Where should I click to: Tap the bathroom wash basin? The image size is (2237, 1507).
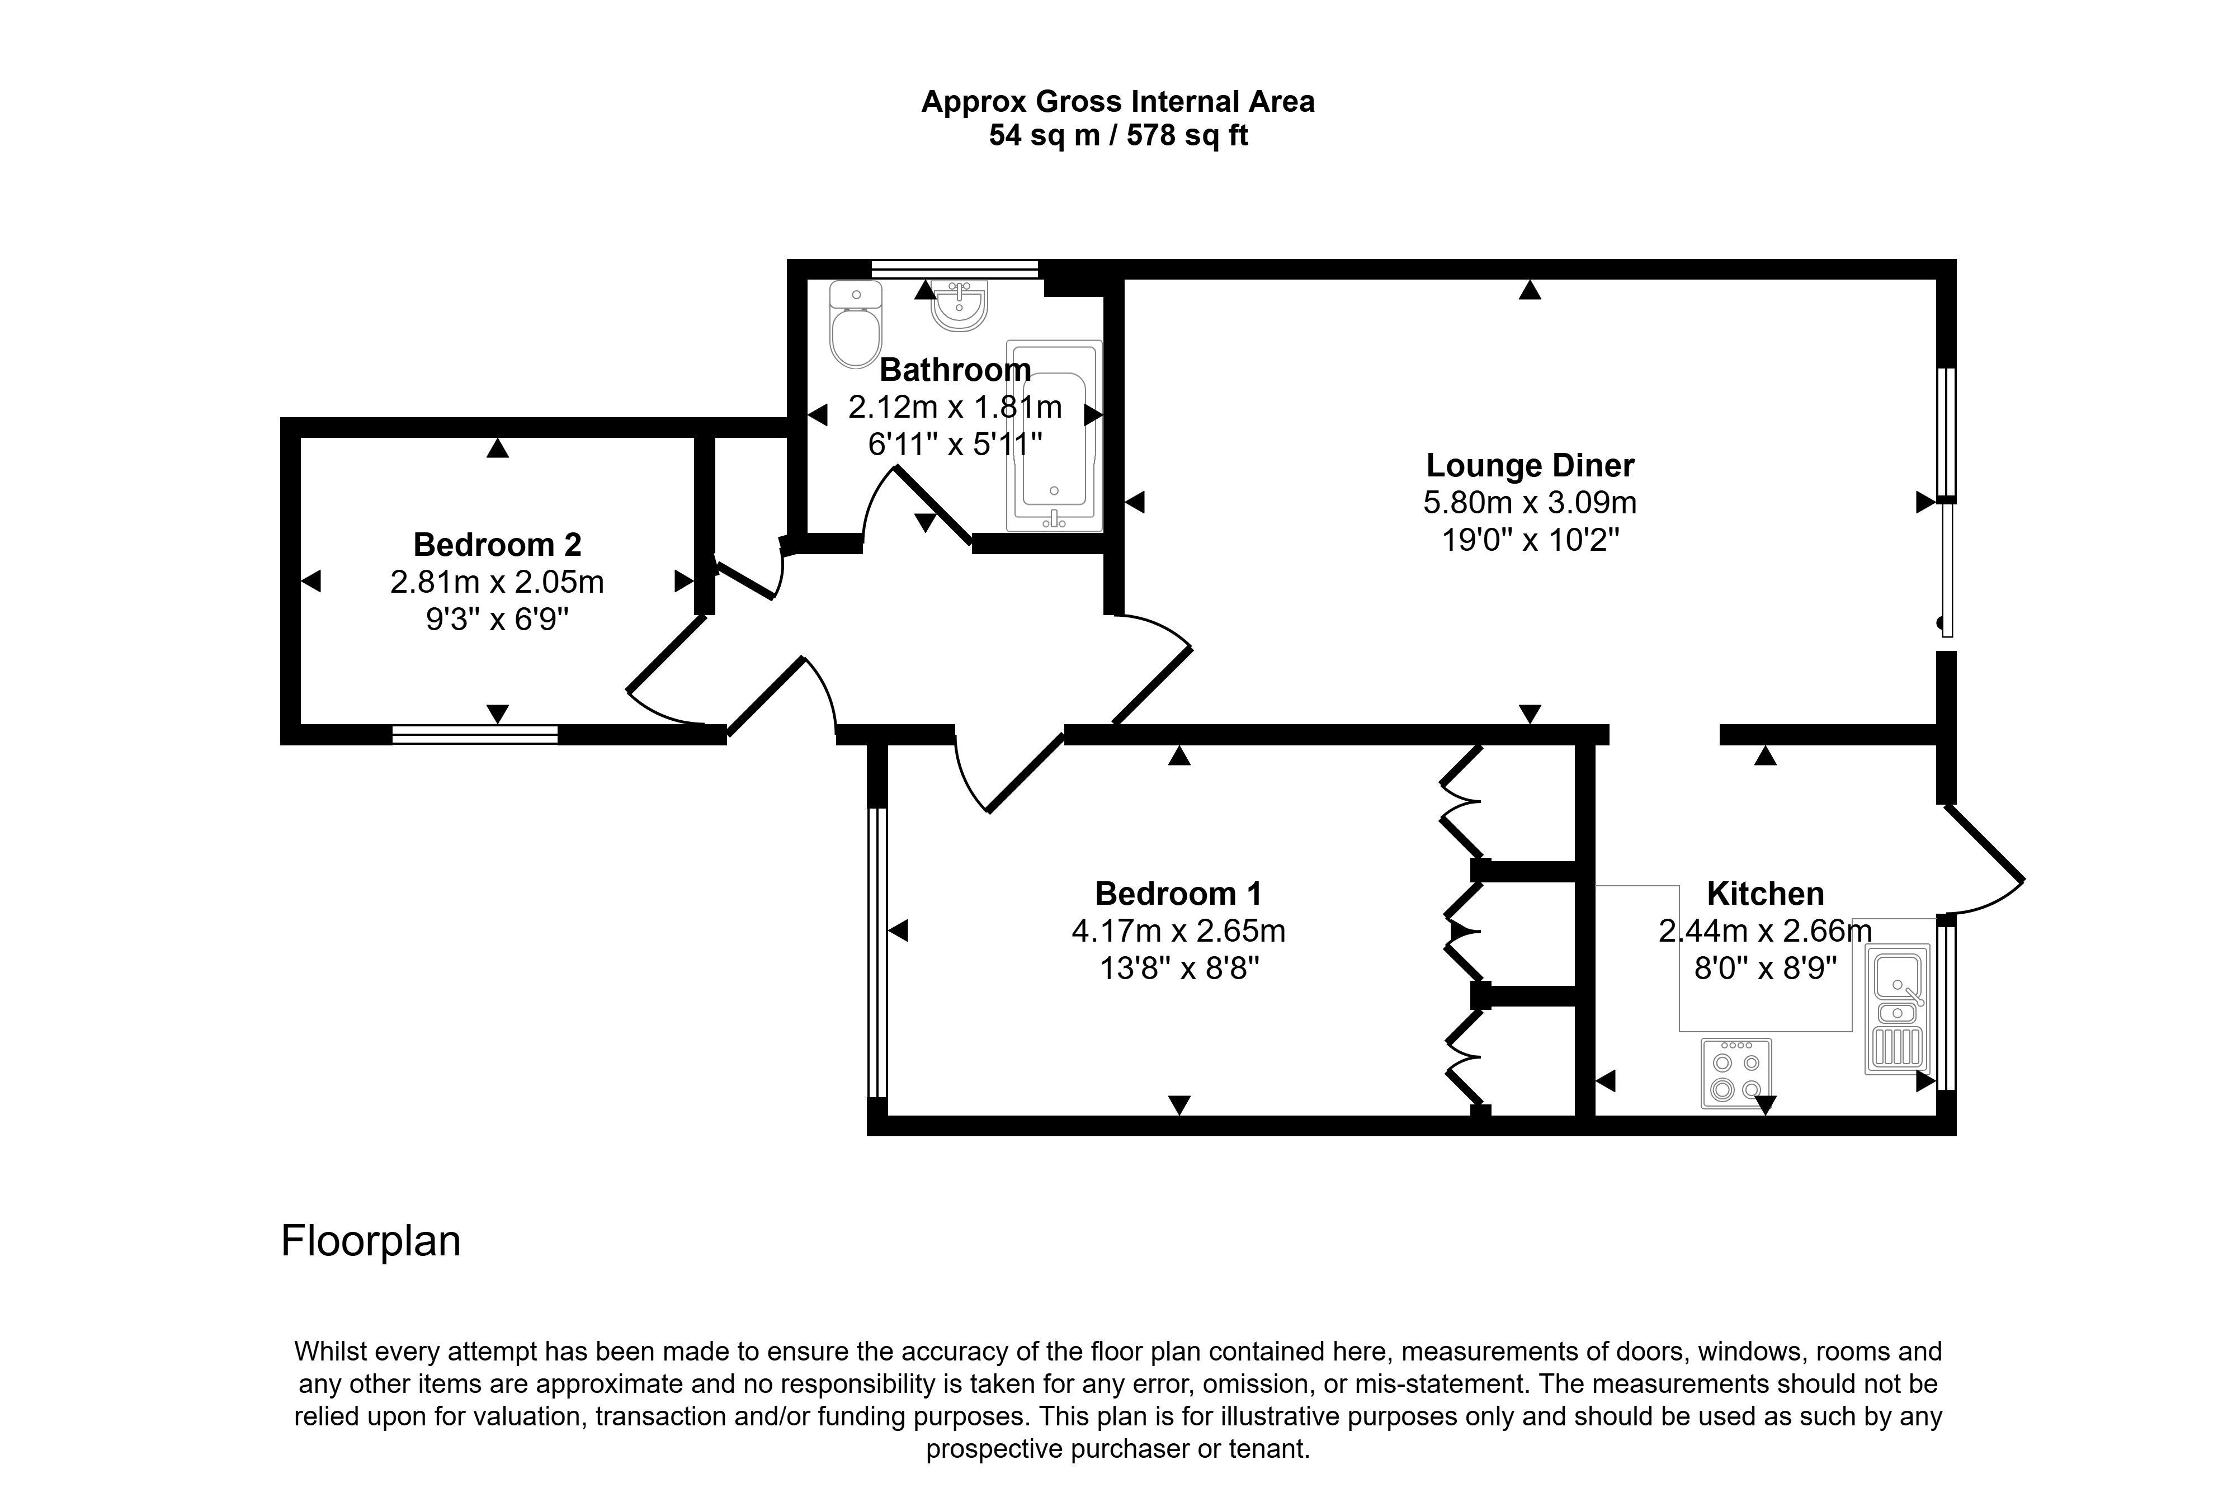click(x=959, y=306)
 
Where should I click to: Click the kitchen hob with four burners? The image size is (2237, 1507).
click(x=1735, y=1073)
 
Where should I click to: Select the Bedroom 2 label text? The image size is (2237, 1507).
click(x=497, y=545)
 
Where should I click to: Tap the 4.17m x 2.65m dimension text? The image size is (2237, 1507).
click(x=1178, y=931)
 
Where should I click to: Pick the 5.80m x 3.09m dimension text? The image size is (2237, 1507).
click(x=1530, y=503)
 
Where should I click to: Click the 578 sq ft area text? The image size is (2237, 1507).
click(x=1187, y=135)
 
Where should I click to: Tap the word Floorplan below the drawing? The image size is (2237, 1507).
click(x=371, y=1241)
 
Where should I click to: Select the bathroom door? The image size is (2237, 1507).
click(x=930, y=504)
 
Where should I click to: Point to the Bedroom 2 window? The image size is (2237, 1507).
click(x=475, y=735)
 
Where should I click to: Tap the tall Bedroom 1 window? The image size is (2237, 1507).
click(x=876, y=952)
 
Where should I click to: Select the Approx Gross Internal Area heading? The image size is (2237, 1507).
click(x=1117, y=102)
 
